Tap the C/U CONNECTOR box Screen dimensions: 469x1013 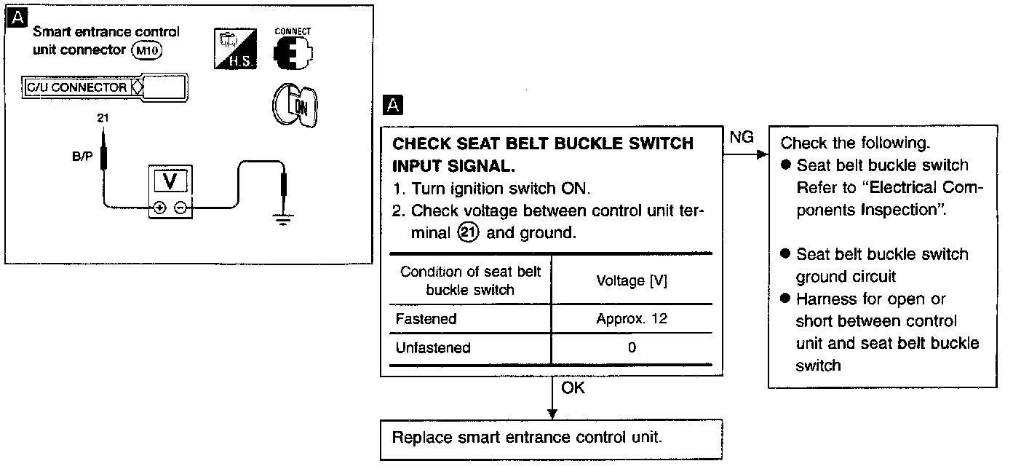tap(76, 88)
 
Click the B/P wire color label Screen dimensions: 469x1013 tap(82, 157)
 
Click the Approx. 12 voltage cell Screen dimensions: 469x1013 tap(631, 319)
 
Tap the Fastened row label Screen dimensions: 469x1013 tap(426, 319)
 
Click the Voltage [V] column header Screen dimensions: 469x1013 tap(631, 280)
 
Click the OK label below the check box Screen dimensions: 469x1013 tap(573, 388)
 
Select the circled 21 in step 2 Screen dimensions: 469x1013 tap(469, 234)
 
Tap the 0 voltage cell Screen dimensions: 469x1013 tap(631, 348)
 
